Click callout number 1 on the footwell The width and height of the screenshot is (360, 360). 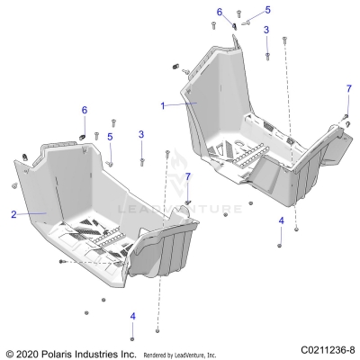(x=163, y=106)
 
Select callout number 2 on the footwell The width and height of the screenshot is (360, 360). (x=13, y=214)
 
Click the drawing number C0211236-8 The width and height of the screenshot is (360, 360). (x=328, y=350)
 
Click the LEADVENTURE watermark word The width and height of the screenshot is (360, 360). (x=180, y=209)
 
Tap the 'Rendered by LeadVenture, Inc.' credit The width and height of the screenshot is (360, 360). (x=180, y=355)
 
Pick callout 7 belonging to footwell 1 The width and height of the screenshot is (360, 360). (x=348, y=89)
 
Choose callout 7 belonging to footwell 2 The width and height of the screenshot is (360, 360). (x=188, y=177)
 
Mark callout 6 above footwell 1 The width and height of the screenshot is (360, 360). (x=220, y=13)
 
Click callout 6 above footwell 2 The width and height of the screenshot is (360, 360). (x=85, y=110)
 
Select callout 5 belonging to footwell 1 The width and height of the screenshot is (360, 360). (x=267, y=10)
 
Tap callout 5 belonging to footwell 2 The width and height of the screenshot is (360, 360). (x=110, y=137)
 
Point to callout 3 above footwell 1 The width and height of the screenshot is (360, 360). (x=266, y=30)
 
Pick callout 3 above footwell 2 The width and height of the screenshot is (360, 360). (x=141, y=134)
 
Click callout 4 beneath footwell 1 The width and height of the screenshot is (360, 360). (x=281, y=220)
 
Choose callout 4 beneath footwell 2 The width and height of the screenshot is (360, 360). (x=133, y=316)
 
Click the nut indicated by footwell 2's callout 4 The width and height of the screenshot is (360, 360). (x=132, y=339)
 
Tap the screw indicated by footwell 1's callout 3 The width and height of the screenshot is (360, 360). (x=267, y=56)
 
